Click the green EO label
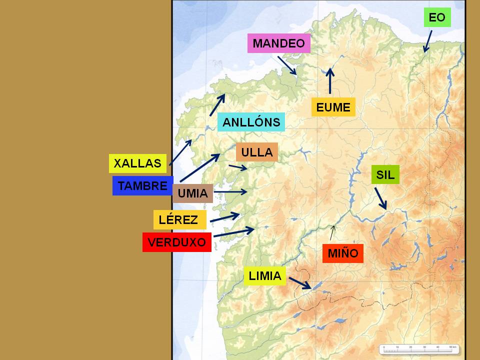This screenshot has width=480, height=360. coord(437,17)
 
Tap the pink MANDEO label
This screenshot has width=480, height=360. coord(278,43)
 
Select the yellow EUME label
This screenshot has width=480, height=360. coord(333,107)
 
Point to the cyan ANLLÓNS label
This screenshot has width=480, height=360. coord(251,122)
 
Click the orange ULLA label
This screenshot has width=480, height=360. coord(256,152)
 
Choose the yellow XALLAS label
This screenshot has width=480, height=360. coord(137,163)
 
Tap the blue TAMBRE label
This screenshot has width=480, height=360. coord(142,186)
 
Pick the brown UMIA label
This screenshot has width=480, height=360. coord(192,193)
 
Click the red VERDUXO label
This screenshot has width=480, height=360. coord(177,242)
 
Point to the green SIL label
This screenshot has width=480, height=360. coord(385,174)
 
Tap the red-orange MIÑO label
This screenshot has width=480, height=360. coord(342,253)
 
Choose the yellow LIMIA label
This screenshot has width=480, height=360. coord(264,275)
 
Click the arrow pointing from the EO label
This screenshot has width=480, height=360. coord(427,40)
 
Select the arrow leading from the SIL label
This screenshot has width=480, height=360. coord(380,198)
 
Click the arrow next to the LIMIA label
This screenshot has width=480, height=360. coord(300,283)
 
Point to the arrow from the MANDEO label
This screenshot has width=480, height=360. coord(287,65)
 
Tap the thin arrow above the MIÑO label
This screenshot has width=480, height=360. coord(332,233)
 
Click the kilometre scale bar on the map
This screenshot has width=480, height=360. coord(419,348)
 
